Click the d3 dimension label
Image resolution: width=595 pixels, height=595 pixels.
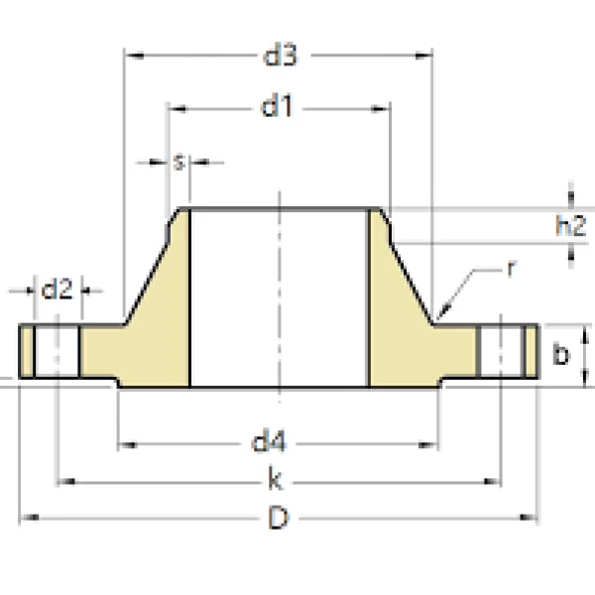coord(280,56)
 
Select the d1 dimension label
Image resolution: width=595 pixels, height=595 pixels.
coord(279,106)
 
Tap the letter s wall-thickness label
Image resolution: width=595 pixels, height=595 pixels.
coord(178,162)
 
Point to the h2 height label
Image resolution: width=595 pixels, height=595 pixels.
coord(570,226)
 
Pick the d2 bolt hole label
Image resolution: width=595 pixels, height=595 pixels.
coord(57,290)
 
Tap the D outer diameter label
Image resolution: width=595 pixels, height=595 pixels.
coord(279,518)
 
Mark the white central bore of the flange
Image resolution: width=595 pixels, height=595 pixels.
coord(279,297)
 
